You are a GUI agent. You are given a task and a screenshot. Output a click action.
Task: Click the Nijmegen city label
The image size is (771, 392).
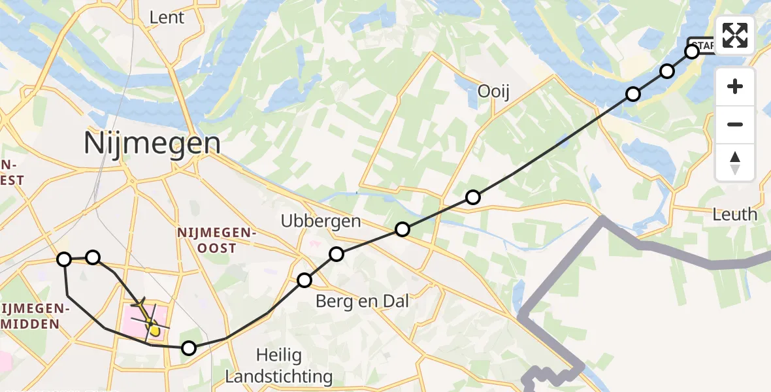[152, 143]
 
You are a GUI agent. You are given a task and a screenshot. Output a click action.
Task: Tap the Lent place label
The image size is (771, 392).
[167, 18]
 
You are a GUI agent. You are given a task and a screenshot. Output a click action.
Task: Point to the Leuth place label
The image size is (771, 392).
[735, 214]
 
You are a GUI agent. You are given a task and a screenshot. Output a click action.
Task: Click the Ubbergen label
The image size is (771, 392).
[321, 221]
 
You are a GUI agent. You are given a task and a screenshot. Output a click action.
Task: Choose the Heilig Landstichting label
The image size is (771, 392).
[279, 366]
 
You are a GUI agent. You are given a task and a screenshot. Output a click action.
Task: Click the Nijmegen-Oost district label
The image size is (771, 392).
[216, 240]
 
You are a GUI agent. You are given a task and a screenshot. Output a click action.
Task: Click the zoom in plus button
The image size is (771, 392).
[735, 86]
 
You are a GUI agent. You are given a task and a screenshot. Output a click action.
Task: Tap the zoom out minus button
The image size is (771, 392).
[735, 124]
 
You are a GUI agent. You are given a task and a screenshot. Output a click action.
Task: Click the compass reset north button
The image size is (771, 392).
[735, 162]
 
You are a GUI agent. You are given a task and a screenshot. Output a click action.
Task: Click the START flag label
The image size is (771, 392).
[703, 44]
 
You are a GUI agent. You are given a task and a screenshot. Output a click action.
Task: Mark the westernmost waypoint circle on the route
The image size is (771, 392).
[64, 259]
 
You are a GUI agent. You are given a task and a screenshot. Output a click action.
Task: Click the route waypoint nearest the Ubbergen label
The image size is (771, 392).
[336, 254]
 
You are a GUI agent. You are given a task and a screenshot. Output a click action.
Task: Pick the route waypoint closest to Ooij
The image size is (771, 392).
[473, 197]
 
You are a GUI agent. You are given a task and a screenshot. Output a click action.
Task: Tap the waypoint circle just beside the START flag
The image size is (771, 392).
[692, 51]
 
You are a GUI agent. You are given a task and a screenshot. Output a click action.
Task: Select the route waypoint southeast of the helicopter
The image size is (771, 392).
[188, 348]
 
